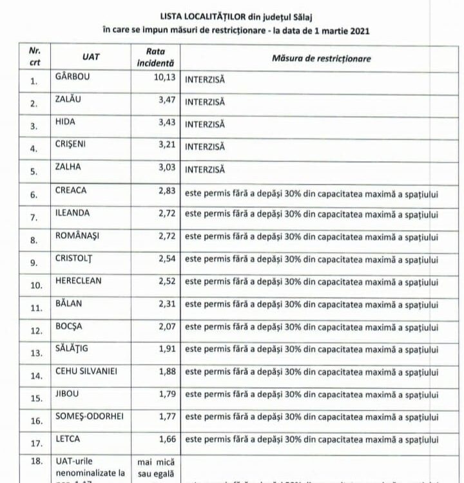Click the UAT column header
tap(91, 57)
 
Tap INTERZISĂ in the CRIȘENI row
tap(205, 147)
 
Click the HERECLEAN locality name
tap(78, 281)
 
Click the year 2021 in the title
tap(359, 30)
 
